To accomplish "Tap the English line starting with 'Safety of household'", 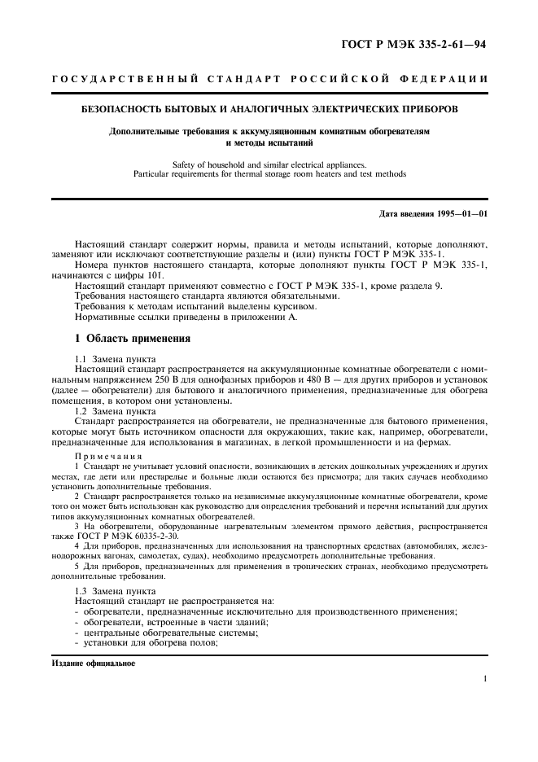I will [269, 163].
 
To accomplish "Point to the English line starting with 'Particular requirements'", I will [269, 173].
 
